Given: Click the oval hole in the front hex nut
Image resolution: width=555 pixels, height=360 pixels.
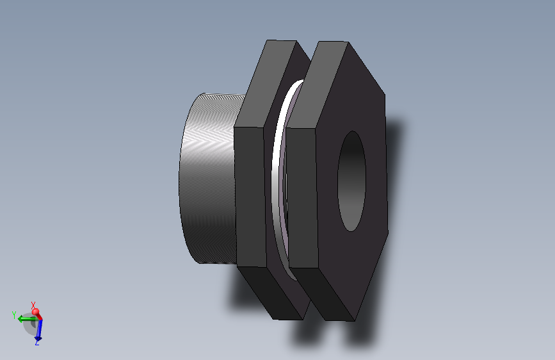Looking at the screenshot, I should coord(351,181).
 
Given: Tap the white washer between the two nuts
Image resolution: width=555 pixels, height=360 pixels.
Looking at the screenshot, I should coord(278,179).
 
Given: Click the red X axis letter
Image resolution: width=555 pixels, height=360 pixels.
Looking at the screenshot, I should coord(33,305).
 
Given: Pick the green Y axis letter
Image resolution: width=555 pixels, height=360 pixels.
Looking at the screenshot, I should coord(13,315).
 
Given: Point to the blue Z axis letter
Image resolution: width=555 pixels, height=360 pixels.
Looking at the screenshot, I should coord(37,343).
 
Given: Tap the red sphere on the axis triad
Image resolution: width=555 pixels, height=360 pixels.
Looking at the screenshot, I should coord(36,313).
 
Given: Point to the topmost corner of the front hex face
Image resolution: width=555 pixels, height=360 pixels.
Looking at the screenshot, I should coord(348,43).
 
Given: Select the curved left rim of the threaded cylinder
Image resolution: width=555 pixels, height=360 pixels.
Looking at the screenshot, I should coord(181,179).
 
